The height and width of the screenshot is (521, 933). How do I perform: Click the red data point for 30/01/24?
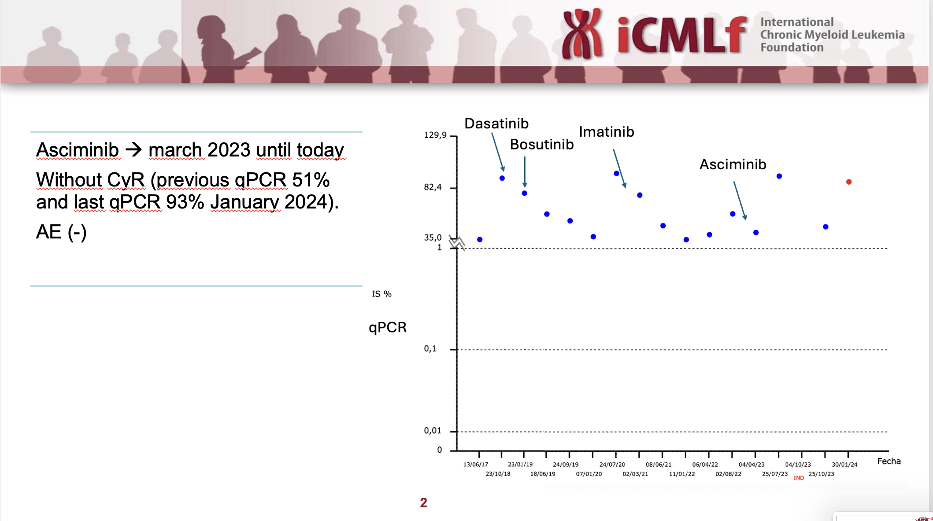[849, 182]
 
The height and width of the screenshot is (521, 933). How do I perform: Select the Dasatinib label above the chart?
[496, 123]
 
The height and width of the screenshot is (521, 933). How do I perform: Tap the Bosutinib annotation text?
[542, 145]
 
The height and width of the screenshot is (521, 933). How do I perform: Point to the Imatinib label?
[607, 132]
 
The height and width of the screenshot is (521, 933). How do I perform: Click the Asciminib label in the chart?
[733, 164]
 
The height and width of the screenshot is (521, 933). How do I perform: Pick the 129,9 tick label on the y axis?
[435, 135]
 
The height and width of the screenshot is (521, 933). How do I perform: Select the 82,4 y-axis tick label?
[433, 187]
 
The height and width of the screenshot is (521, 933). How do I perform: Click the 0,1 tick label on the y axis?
[430, 349]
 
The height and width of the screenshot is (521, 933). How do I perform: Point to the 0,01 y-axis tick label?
[433, 431]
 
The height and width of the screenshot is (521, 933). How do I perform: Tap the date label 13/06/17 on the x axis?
[476, 465]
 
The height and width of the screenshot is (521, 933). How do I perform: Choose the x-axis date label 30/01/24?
[844, 465]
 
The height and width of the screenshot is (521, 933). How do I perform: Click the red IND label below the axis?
[799, 478]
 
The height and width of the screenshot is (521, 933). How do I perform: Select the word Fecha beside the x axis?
[889, 461]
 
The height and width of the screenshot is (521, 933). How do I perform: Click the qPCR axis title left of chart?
[388, 327]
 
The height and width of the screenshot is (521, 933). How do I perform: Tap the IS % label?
[381, 294]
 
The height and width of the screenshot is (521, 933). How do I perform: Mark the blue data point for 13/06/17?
[480, 239]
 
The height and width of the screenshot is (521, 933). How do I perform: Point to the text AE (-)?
[61, 232]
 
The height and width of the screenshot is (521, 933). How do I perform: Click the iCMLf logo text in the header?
[681, 35]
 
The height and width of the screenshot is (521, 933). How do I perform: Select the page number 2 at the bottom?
[424, 503]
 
